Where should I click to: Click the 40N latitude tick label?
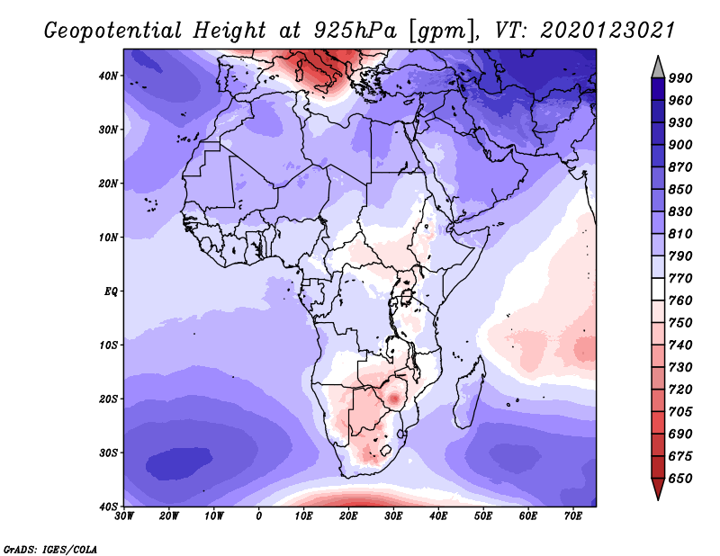point(108,76)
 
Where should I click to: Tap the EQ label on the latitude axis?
point(111,291)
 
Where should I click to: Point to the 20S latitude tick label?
point(108,399)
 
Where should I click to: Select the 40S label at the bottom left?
point(108,507)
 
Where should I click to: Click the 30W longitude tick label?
point(124,516)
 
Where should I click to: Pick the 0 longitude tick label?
point(259,516)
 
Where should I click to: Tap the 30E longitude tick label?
point(393,516)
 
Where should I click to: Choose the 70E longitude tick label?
point(573,516)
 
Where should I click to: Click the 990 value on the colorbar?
point(680,78)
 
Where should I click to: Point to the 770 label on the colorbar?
point(680,279)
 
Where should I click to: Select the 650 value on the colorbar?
point(680,479)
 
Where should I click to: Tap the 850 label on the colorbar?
point(680,190)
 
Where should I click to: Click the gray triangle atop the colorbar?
point(658,69)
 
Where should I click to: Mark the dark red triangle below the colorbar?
point(658,487)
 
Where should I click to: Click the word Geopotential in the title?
point(113,31)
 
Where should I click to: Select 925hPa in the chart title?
point(355,31)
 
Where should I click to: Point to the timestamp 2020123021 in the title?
point(607,31)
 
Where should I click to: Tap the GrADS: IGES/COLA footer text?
point(50,550)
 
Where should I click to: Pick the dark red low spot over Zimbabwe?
point(394,398)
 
